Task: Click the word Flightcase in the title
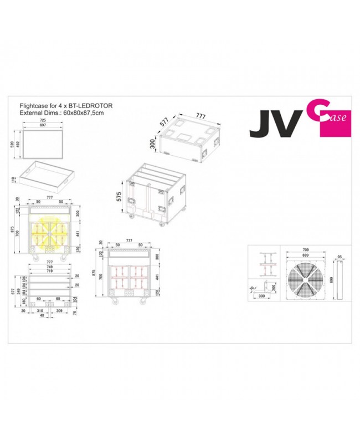[x=33, y=104]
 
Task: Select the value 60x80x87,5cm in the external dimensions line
[x=83, y=112]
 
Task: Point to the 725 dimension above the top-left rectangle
[x=43, y=121]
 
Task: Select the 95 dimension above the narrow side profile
[x=339, y=257]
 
